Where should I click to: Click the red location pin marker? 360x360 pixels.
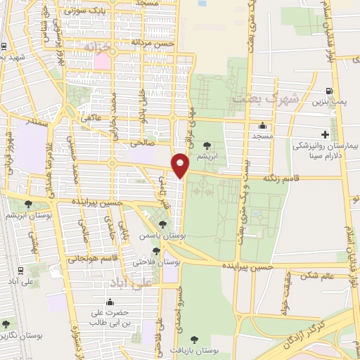coord(181,165)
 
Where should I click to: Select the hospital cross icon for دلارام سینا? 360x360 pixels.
coord(325,134)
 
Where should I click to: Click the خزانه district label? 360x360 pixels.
coord(98,46)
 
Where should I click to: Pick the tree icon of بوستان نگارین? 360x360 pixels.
coord(6,324)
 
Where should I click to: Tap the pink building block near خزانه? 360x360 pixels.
coord(101,60)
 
